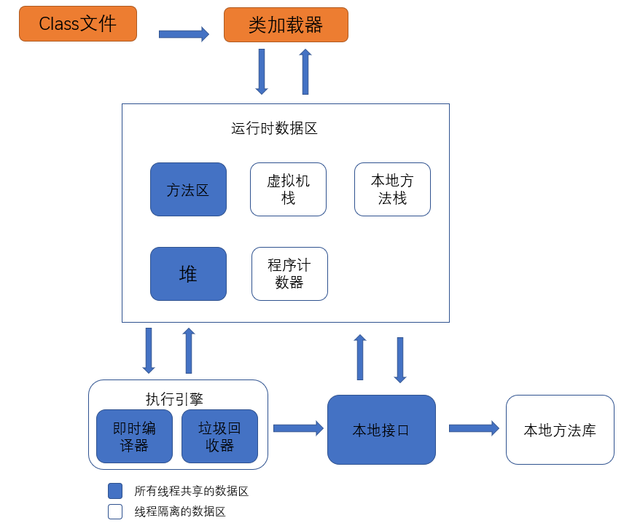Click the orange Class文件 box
[78, 23]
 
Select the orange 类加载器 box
[286, 25]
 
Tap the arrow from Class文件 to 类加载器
[184, 34]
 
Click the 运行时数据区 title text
[274, 129]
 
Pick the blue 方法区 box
[188, 189]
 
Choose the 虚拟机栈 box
[288, 189]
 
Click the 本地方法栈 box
[392, 189]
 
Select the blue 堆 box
[188, 274]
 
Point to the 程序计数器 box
[289, 274]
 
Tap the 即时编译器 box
[134, 436]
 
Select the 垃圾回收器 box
[219, 436]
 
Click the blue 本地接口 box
[381, 430]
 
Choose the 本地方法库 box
[560, 430]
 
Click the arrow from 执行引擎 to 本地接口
[297, 428]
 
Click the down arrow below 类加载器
[262, 71]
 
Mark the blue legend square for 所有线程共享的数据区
[115, 491]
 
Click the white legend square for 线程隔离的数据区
[115, 511]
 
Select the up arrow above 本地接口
[360, 357]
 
